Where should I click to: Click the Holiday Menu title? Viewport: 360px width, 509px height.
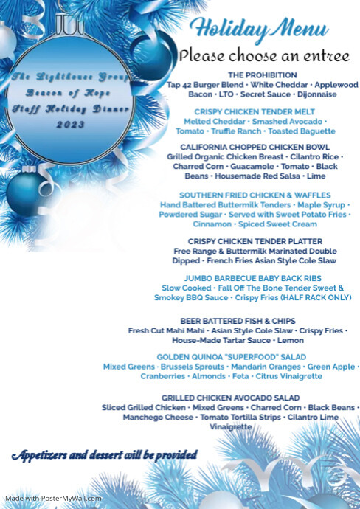(x=259, y=30)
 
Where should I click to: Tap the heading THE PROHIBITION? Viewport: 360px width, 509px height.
(x=263, y=75)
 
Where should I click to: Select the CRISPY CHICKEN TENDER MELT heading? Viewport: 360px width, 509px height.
(x=252, y=111)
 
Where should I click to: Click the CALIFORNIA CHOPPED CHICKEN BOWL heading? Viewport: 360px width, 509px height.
(x=253, y=147)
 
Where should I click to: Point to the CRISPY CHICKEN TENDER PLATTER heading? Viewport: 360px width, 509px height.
(x=255, y=241)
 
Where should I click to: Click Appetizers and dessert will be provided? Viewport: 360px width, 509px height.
(x=104, y=454)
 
